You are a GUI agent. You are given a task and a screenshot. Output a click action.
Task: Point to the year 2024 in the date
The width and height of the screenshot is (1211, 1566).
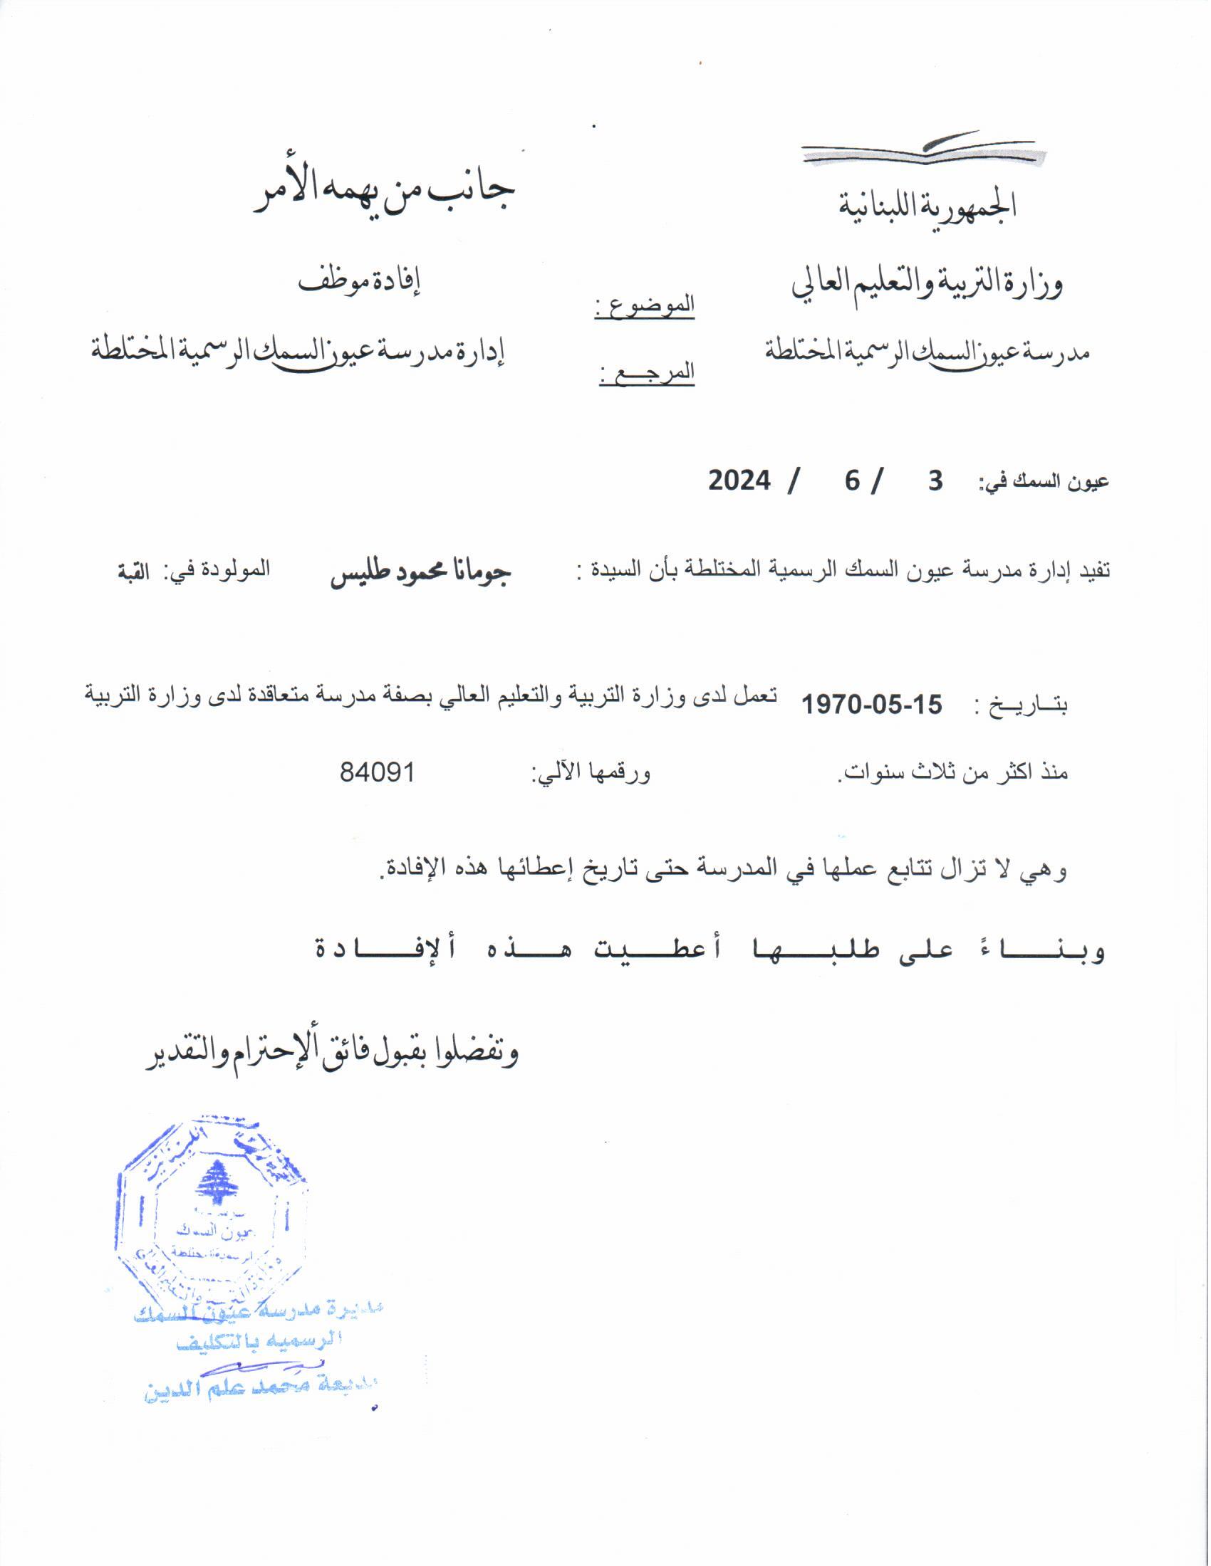[739, 480]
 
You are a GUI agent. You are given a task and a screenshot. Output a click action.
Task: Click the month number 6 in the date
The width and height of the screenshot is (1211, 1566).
[851, 480]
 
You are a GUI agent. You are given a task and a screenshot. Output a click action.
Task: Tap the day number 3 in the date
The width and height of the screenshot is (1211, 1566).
[935, 480]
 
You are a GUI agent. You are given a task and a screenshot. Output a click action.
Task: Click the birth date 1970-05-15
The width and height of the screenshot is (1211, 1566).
[871, 704]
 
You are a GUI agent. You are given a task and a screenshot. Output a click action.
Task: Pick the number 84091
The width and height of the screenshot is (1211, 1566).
[378, 773]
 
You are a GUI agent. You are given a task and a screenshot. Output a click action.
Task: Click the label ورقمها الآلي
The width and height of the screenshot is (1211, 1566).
[591, 773]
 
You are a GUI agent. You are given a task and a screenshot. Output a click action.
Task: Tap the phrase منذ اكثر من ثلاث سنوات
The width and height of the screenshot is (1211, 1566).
[954, 773]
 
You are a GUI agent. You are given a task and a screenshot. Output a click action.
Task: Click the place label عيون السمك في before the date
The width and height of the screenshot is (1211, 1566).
[1044, 482]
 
